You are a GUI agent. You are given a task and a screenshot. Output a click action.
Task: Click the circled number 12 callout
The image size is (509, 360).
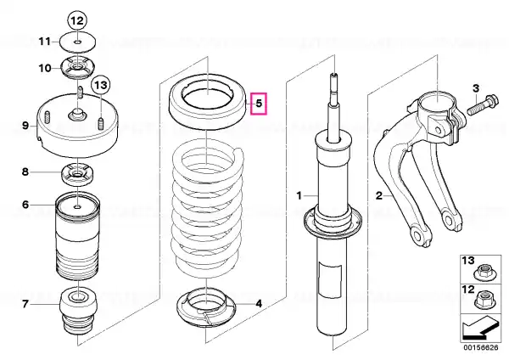pyautogui.click(x=77, y=20)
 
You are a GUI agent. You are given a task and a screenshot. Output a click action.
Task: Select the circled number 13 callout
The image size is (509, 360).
pyautogui.click(x=101, y=85)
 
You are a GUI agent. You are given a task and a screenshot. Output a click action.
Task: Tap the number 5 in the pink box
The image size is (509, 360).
pyautogui.click(x=259, y=104)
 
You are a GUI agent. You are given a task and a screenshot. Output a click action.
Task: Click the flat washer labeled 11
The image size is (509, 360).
pyautogui.click(x=78, y=42)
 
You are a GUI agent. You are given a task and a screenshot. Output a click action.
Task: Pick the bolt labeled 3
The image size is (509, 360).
pyautogui.click(x=483, y=104)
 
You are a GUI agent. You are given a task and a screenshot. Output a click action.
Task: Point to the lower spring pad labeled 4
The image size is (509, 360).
pyautogui.click(x=207, y=308)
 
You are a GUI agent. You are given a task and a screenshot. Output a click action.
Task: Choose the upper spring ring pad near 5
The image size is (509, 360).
pyautogui.click(x=208, y=103)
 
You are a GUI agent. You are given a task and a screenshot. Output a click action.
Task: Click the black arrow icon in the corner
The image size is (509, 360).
pyautogui.click(x=480, y=328)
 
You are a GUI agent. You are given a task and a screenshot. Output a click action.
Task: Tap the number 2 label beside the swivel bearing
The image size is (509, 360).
pyautogui.click(x=379, y=196)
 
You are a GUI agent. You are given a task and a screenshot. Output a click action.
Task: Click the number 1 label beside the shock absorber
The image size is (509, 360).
pyautogui.click(x=299, y=196)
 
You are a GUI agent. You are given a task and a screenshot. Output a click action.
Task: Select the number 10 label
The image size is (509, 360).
pyautogui.click(x=45, y=68)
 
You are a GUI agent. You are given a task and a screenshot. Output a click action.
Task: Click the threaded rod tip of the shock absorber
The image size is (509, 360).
pyautogui.click(x=334, y=76)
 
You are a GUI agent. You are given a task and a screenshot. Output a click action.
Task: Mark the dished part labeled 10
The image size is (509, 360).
pyautogui.click(x=78, y=68)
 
